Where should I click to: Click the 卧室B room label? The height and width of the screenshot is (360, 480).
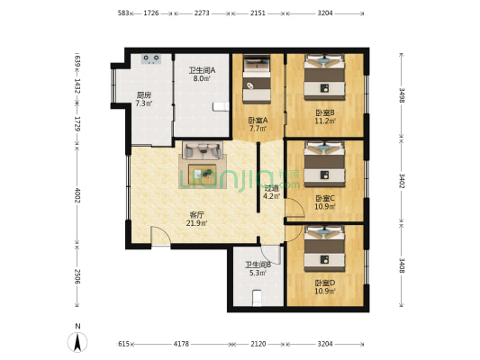(325, 112)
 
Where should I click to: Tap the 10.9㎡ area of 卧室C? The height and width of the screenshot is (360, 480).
(325, 206)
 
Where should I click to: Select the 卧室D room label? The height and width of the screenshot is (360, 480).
(325, 283)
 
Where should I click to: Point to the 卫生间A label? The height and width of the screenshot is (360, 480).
(202, 70)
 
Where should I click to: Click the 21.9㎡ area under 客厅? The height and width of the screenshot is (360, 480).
(197, 223)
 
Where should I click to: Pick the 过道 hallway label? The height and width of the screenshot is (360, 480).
(272, 188)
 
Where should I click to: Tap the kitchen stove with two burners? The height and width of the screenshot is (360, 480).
(151, 58)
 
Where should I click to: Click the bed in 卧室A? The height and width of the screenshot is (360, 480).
(257, 79)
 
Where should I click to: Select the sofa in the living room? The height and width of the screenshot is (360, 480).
(203, 150)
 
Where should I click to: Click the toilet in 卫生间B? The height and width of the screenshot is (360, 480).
(258, 298)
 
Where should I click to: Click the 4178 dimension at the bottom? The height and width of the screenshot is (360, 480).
(182, 344)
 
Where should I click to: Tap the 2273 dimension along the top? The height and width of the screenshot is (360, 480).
(202, 13)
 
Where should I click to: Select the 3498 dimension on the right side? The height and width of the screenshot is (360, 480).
(402, 95)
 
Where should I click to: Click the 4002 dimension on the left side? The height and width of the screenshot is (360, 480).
(77, 195)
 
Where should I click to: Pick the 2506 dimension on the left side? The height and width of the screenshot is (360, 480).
(77, 276)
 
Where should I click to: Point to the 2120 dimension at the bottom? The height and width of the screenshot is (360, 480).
(258, 344)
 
